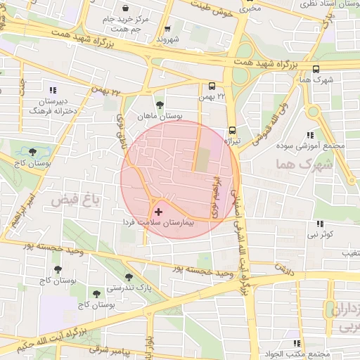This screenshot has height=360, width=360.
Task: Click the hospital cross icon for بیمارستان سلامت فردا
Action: pos(157,211)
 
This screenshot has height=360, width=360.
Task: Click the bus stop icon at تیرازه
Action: pos(232,130)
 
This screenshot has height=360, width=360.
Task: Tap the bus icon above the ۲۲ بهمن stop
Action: pos(209,85)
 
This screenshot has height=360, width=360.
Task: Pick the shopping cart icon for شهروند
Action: pos(167,30)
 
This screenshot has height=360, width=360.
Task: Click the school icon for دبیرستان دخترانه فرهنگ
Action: pos(52,89)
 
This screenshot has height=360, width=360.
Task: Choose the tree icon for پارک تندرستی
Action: pos(127,277)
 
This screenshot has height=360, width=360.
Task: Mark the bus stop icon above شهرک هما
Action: pos(315,70)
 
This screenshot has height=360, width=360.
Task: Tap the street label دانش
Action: pos(283,268)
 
